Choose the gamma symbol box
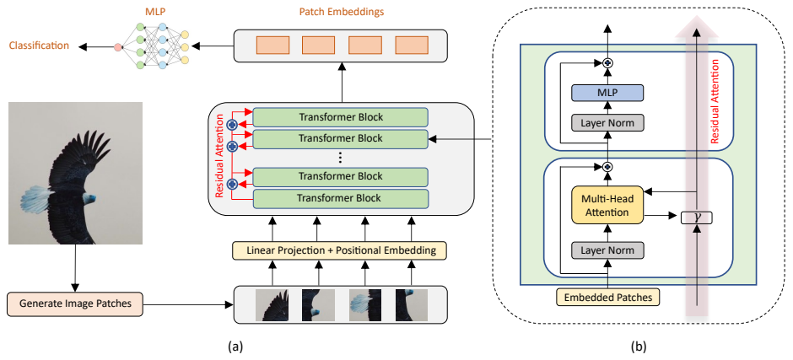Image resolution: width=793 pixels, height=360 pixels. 697,218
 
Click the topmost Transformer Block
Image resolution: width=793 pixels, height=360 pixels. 340,117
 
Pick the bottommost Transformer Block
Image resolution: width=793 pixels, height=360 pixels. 340,198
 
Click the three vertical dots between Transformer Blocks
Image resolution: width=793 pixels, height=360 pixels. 340,158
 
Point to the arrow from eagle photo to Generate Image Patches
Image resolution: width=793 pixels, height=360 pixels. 75,268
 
